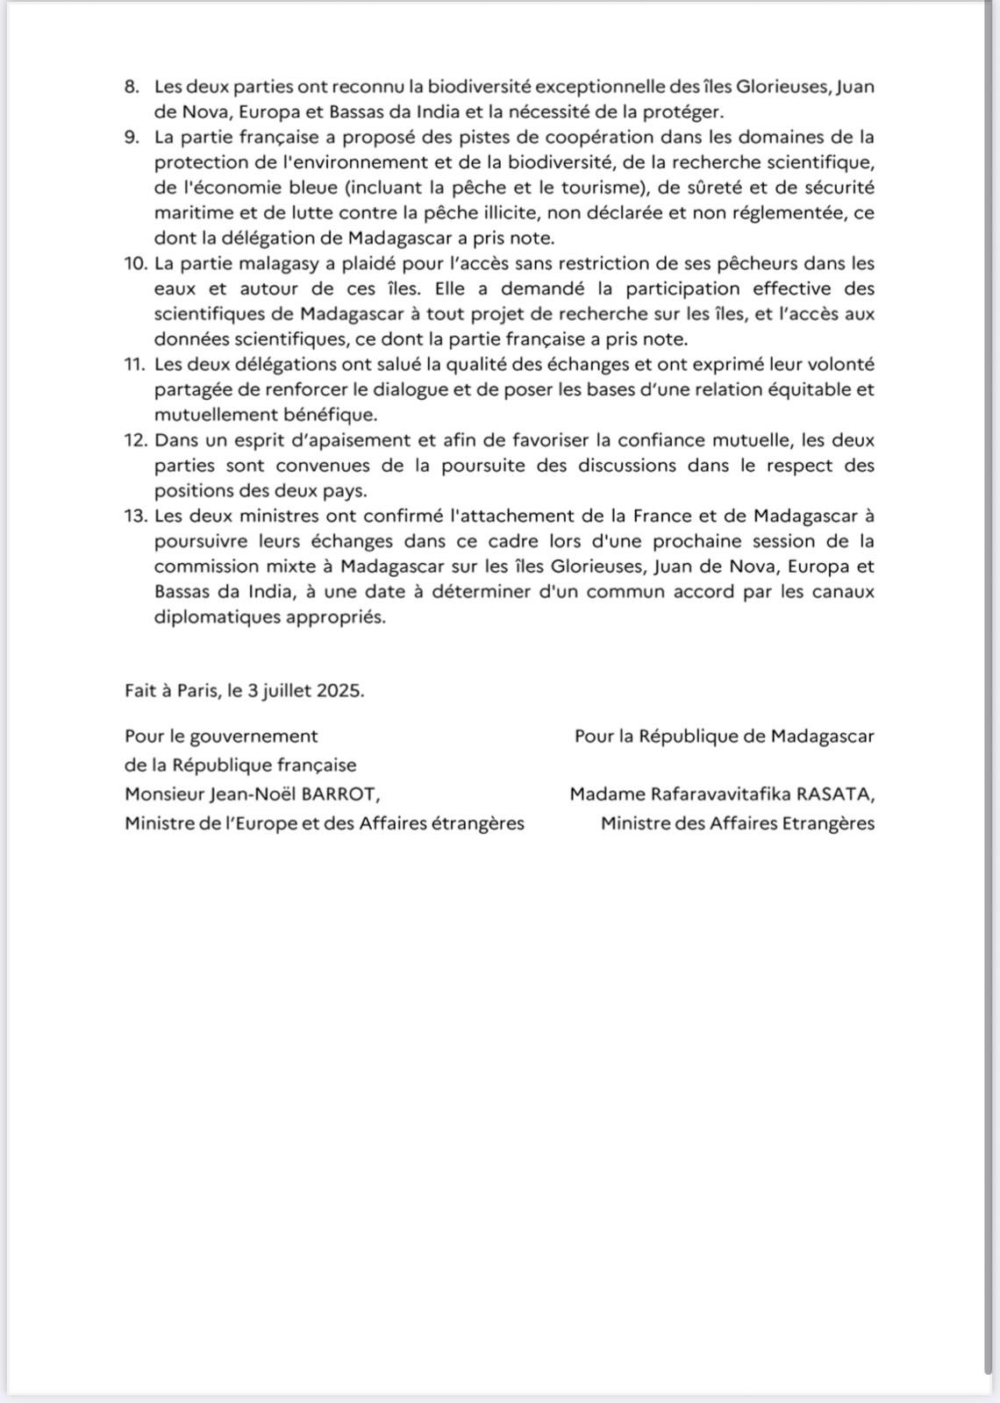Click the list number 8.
pyautogui.click(x=132, y=87)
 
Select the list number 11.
pyautogui.click(x=134, y=364)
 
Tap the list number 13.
pyautogui.click(x=134, y=516)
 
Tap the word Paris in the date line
pyautogui.click(x=197, y=690)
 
